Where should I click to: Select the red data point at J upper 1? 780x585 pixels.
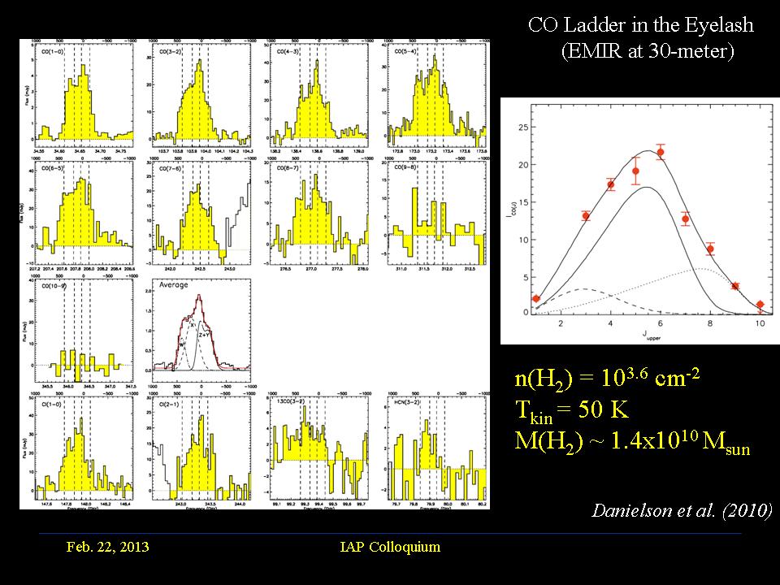point(535,298)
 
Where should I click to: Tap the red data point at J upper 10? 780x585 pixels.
point(760,305)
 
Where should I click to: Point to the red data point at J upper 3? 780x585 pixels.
point(586,215)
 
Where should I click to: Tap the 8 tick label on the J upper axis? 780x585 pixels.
point(710,324)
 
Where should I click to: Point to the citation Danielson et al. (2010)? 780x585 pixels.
point(681,512)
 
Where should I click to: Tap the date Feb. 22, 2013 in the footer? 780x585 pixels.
point(107,547)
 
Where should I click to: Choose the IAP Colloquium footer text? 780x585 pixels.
point(390,547)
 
